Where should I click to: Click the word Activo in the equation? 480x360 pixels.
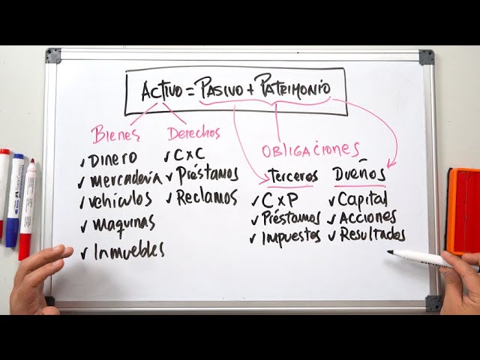[162, 91]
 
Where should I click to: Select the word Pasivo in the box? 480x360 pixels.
[219, 89]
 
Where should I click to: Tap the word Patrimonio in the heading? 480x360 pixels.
[293, 87]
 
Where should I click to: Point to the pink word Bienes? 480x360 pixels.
[116, 136]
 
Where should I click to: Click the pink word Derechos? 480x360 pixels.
[193, 133]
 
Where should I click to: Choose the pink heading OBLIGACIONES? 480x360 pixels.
[310, 149]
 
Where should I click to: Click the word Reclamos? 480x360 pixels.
[206, 198]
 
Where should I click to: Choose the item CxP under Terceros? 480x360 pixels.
[280, 199]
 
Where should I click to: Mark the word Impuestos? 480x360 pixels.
[292, 238]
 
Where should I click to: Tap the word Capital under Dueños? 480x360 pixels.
[363, 199]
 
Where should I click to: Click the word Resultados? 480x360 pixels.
[372, 235]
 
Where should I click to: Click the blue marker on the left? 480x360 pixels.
[15, 199]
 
